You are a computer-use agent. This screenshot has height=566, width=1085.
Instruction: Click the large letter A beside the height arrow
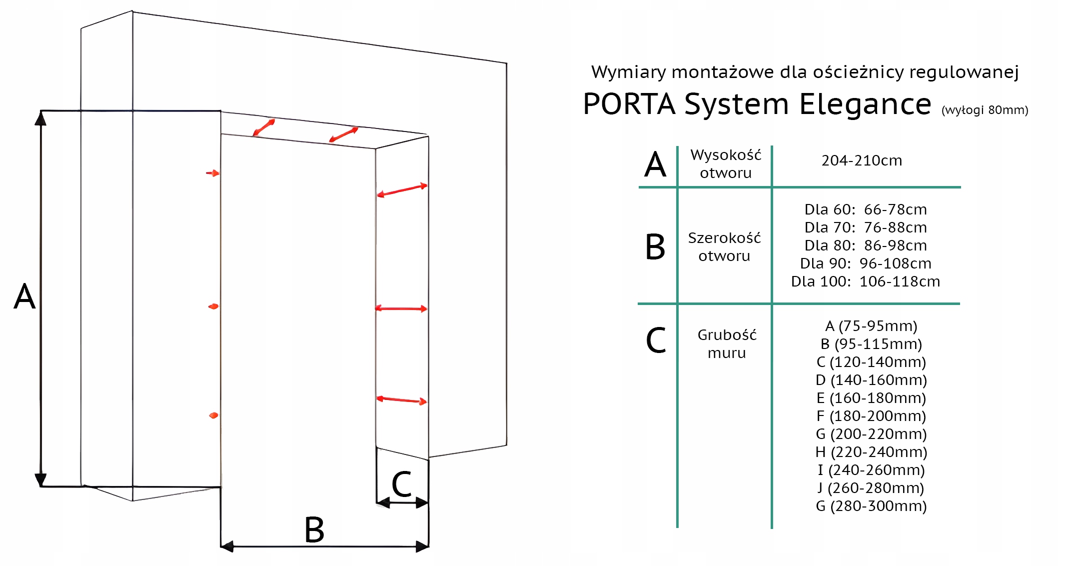pyautogui.click(x=24, y=296)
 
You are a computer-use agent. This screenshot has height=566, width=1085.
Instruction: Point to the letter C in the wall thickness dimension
pyautogui.click(x=401, y=484)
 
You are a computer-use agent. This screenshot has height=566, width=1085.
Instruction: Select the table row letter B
pyautogui.click(x=655, y=246)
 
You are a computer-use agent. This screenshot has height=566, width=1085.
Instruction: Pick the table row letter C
pyautogui.click(x=656, y=340)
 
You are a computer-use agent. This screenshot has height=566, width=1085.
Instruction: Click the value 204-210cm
pyautogui.click(x=862, y=160)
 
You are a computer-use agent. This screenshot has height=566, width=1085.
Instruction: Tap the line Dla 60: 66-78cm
pyautogui.click(x=866, y=209)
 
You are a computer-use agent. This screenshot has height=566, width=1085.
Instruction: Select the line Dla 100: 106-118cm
pyautogui.click(x=866, y=281)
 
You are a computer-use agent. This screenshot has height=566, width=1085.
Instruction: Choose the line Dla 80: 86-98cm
pyautogui.click(x=866, y=245)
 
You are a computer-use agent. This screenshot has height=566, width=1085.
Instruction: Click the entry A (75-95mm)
pyautogui.click(x=871, y=326)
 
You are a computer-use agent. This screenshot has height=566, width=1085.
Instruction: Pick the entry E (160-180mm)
pyautogui.click(x=871, y=398)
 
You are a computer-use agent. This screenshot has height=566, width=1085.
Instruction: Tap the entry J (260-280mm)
pyautogui.click(x=871, y=488)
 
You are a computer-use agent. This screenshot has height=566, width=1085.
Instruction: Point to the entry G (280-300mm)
pyautogui.click(x=871, y=506)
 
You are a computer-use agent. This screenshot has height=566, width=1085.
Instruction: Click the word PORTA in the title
pyautogui.click(x=629, y=104)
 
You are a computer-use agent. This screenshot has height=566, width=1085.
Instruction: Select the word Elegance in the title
pyautogui.click(x=865, y=104)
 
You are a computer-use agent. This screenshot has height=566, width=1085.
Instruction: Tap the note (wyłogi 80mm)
pyautogui.click(x=985, y=110)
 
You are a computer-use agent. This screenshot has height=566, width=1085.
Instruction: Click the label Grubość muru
pyautogui.click(x=727, y=344)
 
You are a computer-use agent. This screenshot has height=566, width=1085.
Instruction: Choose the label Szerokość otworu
pyautogui.click(x=724, y=246)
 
